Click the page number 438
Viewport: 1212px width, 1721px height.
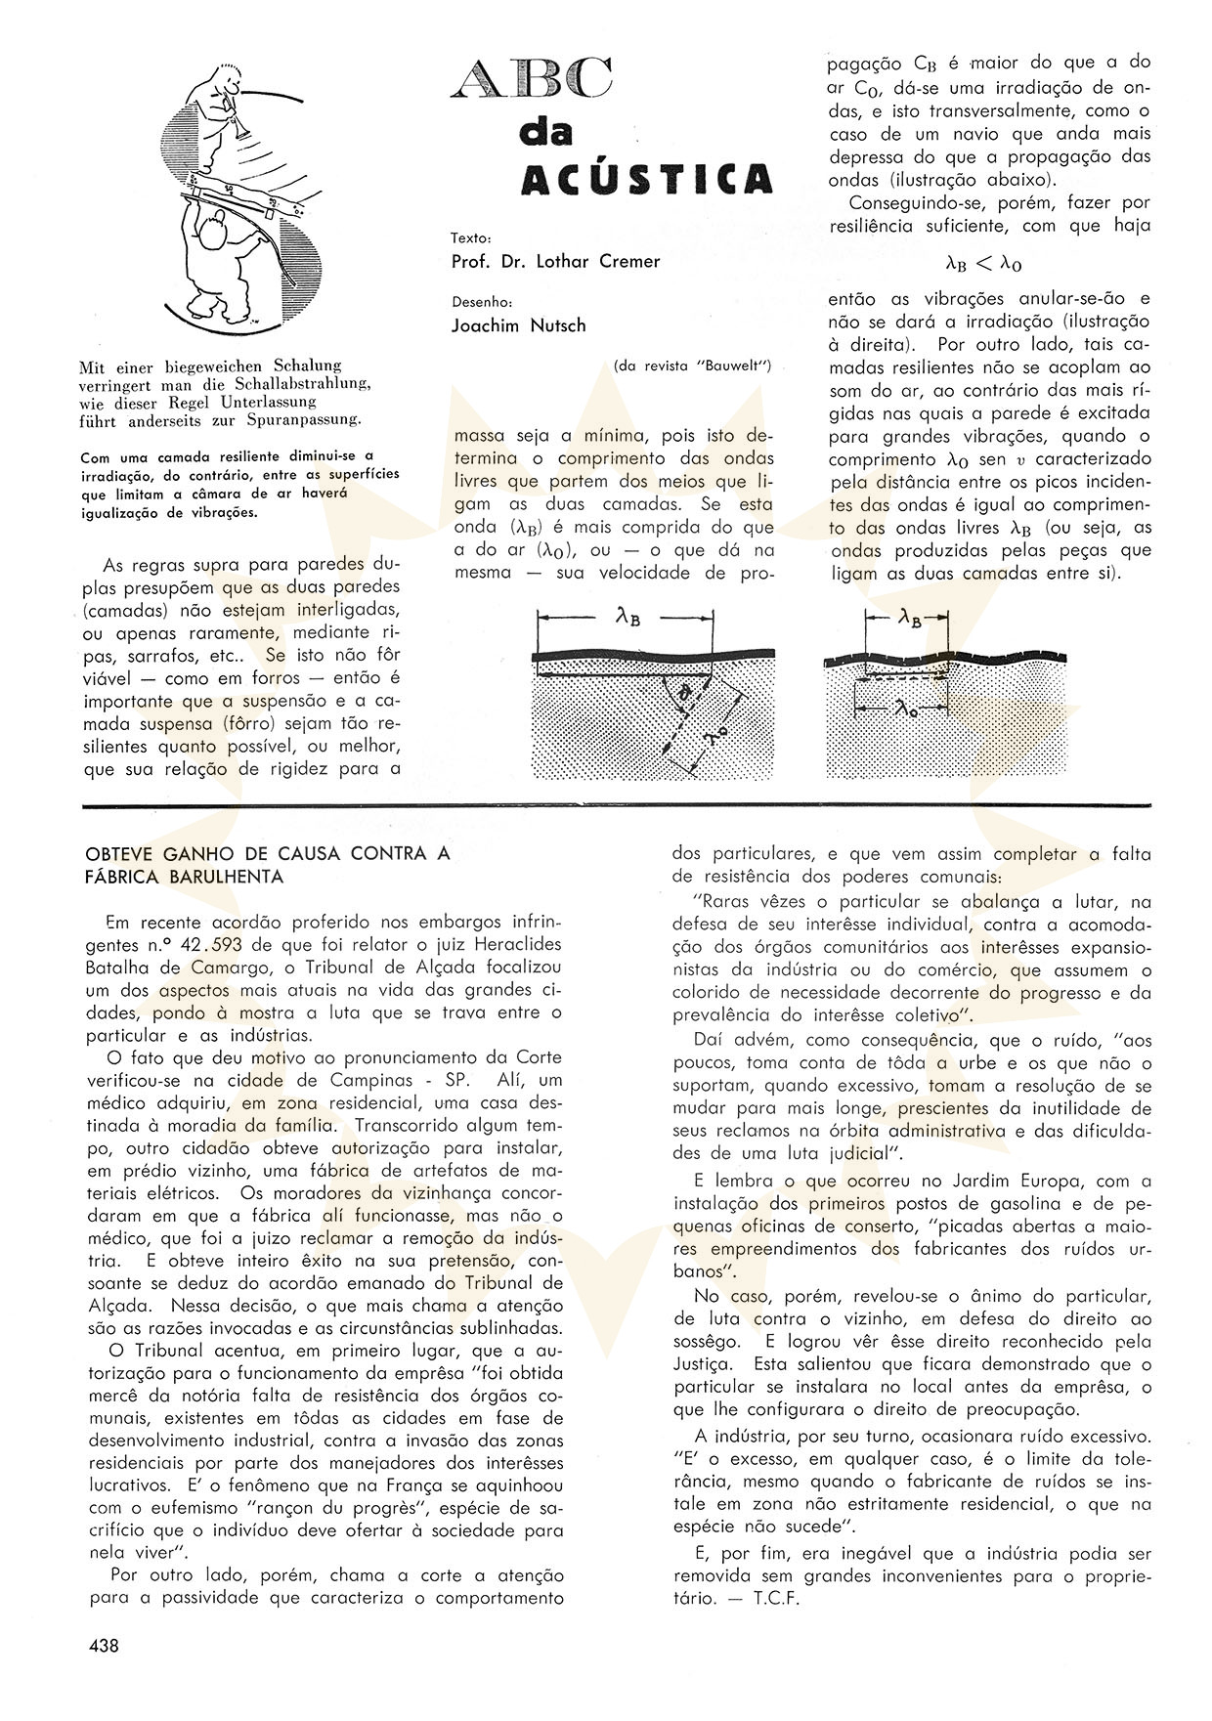104,1646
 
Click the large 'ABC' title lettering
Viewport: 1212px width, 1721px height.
533,78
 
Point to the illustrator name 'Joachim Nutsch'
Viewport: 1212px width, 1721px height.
518,325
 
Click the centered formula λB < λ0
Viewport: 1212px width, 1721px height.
984,263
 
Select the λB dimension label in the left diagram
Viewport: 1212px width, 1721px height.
628,616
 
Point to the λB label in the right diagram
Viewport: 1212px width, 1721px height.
908,617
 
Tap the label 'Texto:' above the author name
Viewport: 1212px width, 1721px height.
471,237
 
